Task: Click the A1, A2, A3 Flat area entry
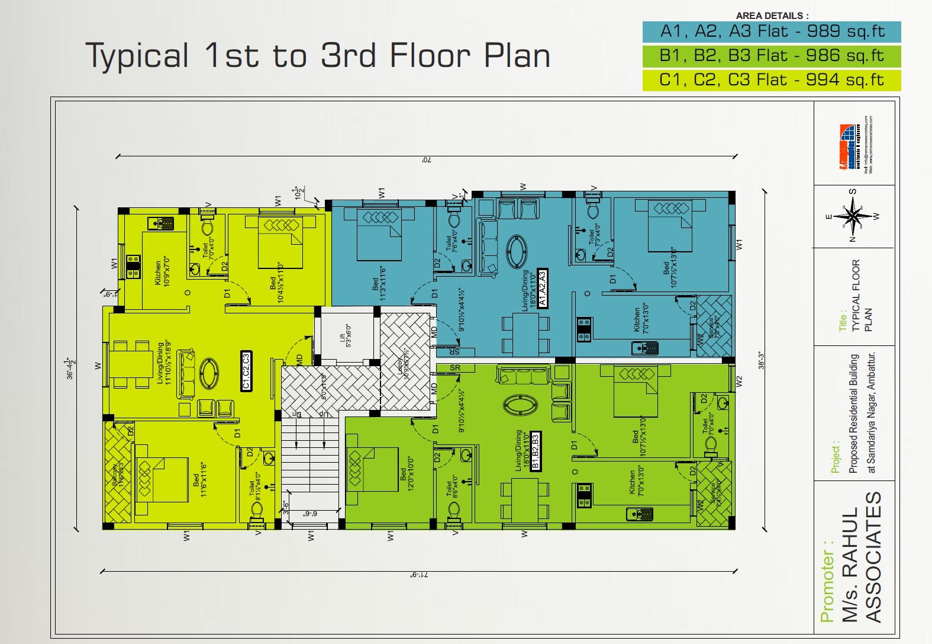tap(772, 31)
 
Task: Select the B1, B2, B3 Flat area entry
tap(772, 56)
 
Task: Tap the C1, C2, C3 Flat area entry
tap(772, 80)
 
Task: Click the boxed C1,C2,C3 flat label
tap(246, 371)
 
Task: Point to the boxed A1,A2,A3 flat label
tap(543, 288)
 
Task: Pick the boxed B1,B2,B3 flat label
tap(536, 451)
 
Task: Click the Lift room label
tap(345, 335)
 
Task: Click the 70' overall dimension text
tap(426, 160)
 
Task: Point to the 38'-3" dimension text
tap(761, 361)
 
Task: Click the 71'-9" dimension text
tap(419, 575)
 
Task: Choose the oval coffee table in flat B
tap(520, 405)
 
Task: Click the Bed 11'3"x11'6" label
tap(379, 283)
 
